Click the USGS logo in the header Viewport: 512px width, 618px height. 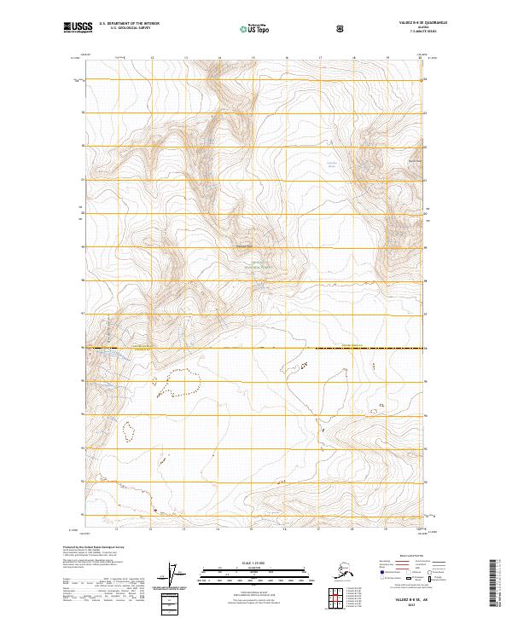78,28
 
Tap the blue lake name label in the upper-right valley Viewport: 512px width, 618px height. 333,164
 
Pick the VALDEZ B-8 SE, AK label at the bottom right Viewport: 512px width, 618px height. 413,601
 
